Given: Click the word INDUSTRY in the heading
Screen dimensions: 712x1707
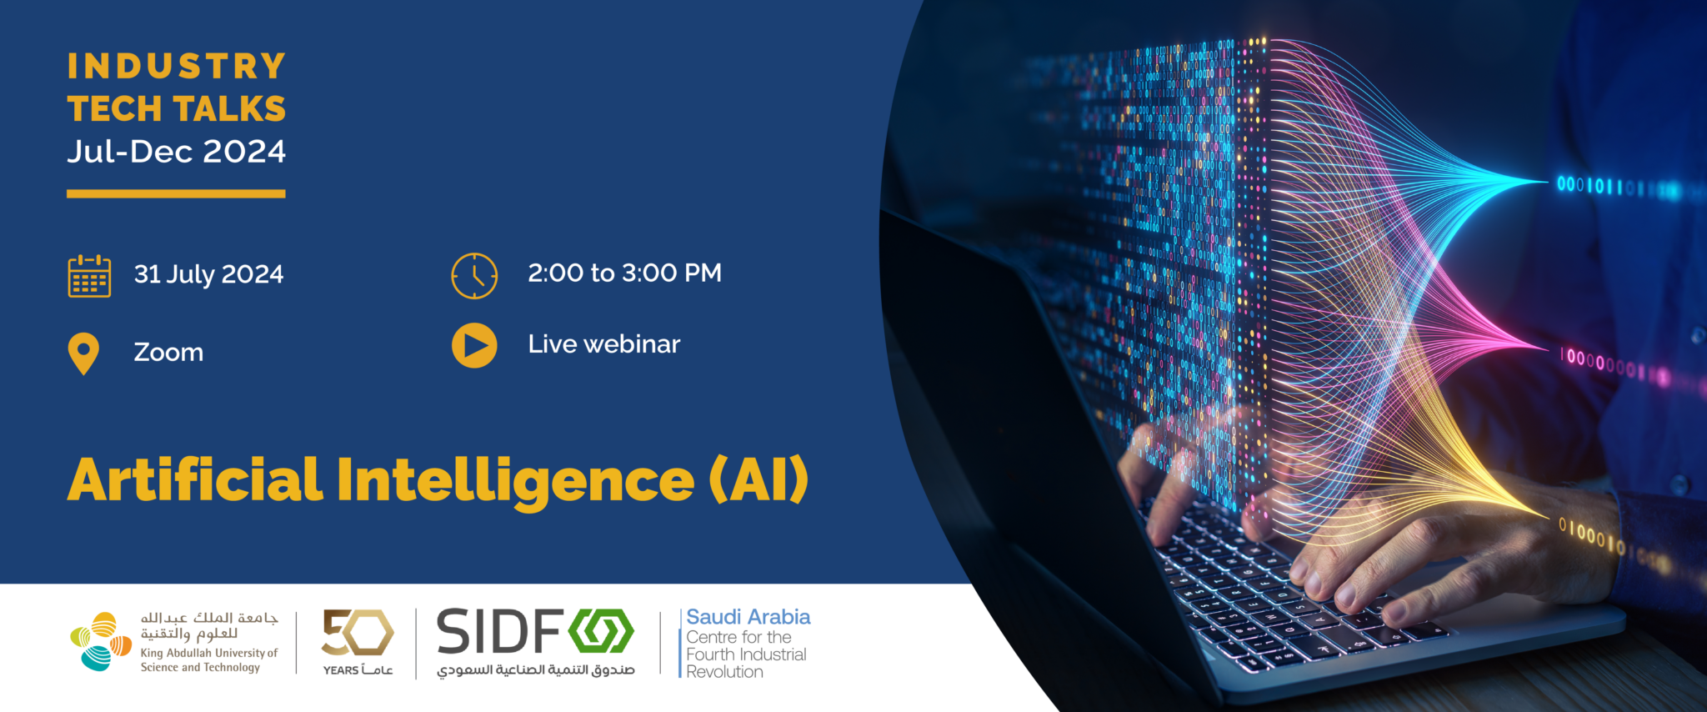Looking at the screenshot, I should (x=177, y=67).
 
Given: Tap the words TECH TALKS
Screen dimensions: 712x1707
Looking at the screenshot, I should (x=177, y=109).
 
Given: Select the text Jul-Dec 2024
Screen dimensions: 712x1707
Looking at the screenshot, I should (x=177, y=152).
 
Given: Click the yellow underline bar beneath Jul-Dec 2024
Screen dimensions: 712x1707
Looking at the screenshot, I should (x=176, y=193).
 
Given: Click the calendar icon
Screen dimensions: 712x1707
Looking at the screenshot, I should (x=89, y=276).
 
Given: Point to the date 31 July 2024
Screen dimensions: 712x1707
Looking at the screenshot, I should (x=208, y=274).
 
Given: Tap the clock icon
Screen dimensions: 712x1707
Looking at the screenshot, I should (x=474, y=276).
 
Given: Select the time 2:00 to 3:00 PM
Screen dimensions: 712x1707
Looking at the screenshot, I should (x=624, y=273).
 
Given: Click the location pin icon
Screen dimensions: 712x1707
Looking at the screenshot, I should (x=83, y=353).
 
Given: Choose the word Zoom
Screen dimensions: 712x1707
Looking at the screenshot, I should (x=168, y=353).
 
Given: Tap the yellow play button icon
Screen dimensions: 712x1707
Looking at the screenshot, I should (x=474, y=345).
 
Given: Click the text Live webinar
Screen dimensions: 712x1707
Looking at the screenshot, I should (x=603, y=344).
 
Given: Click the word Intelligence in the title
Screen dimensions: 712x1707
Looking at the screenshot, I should (x=515, y=481).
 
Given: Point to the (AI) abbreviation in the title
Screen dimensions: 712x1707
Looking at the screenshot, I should (x=758, y=480).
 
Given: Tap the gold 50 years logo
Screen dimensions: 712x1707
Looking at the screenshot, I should (x=358, y=633).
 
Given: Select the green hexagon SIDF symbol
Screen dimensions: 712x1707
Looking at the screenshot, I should (x=602, y=631).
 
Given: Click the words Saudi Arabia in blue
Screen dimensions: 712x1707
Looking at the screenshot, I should (x=748, y=617).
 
